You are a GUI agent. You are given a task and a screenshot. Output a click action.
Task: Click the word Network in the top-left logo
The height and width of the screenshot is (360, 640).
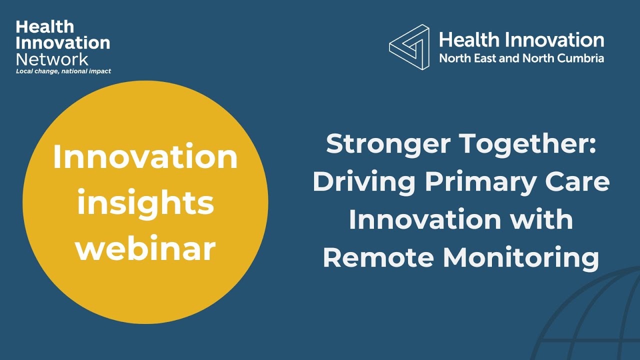tap(52, 59)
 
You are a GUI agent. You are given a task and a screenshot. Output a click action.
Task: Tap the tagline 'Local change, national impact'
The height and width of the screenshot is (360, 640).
tap(63, 71)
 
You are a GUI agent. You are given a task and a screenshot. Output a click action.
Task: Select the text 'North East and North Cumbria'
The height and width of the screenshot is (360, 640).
tap(521, 58)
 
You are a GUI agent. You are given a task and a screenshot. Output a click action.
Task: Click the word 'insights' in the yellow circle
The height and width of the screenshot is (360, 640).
tap(145, 203)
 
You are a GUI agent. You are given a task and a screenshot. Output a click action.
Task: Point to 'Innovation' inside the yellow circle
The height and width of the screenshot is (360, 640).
tap(145, 157)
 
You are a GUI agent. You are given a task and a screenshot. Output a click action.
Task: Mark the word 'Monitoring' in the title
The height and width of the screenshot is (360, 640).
tap(521, 258)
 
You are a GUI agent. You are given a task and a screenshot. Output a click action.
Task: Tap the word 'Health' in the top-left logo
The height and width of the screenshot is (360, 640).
tap(44, 26)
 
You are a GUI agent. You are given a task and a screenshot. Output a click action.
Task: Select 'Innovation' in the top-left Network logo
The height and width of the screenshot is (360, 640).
tap(63, 43)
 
